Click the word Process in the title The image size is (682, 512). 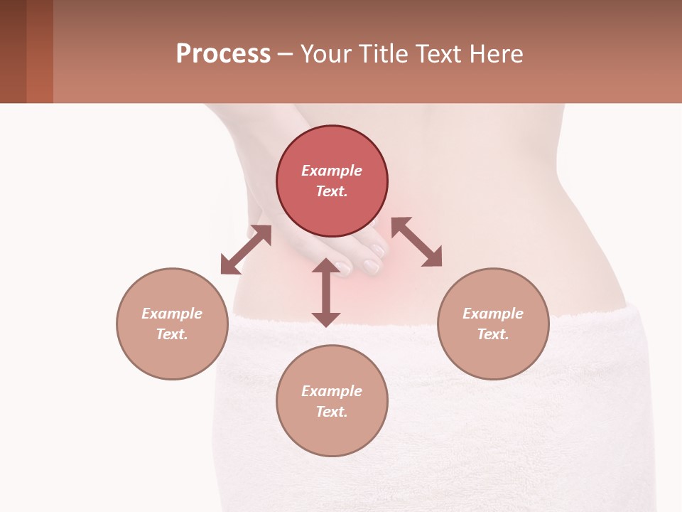pyautogui.click(x=223, y=53)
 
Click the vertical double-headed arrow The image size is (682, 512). pyautogui.click(x=326, y=292)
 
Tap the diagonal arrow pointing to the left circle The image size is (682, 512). pyautogui.click(x=246, y=250)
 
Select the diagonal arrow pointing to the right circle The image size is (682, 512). pyautogui.click(x=416, y=242)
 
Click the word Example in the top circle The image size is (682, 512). pyautogui.click(x=332, y=171)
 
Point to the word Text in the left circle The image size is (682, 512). pyautogui.click(x=172, y=334)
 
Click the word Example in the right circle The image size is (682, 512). pyautogui.click(x=493, y=314)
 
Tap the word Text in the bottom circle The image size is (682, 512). pyautogui.click(x=332, y=412)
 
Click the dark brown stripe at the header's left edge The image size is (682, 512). pyautogui.click(x=13, y=51)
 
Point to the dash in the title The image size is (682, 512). pyautogui.click(x=286, y=54)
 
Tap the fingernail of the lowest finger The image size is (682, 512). pyautogui.click(x=371, y=267)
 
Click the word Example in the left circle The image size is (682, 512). pyautogui.click(x=172, y=314)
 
